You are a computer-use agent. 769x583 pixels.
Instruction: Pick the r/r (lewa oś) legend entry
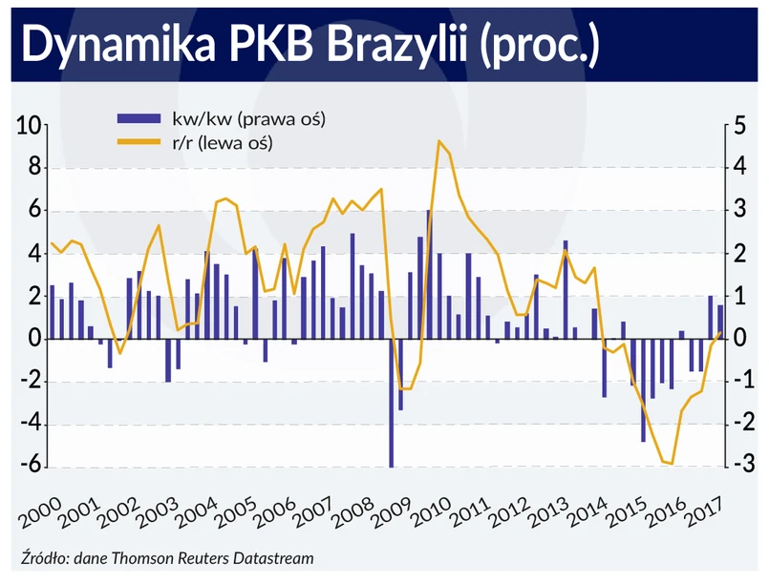coord(219,143)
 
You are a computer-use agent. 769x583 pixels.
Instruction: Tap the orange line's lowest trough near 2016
coord(672,464)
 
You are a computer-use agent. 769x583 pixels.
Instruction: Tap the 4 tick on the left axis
coord(32,254)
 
